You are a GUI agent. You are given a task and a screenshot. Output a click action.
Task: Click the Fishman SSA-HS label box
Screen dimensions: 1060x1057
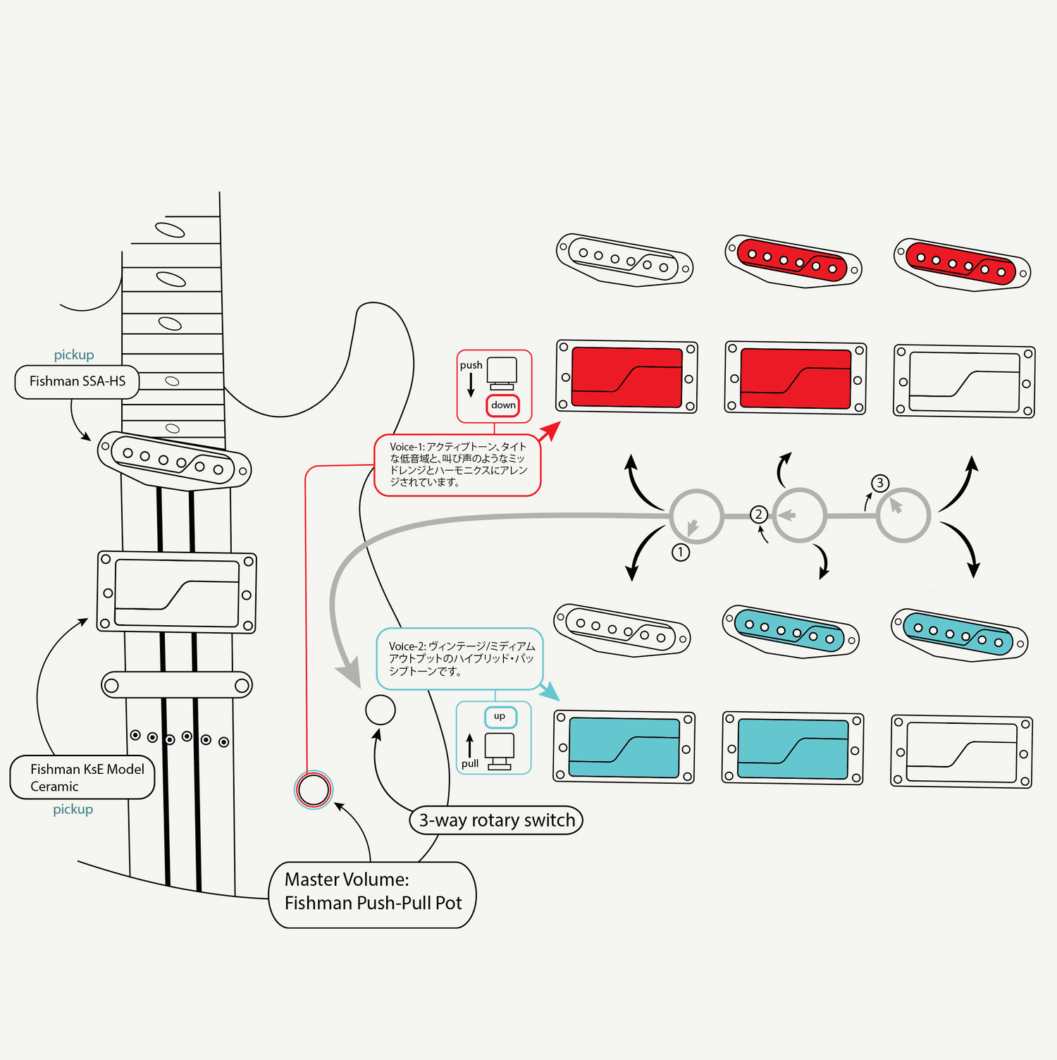(x=78, y=381)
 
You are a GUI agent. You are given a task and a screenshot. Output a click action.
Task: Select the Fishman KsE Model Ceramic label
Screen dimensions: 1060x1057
(x=82, y=777)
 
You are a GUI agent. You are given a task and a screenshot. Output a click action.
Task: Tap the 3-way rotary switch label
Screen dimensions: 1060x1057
(x=497, y=820)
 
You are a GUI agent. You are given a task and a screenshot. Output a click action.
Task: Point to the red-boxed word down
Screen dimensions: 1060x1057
(x=503, y=405)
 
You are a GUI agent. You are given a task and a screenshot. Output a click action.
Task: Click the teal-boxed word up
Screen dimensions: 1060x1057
(x=500, y=717)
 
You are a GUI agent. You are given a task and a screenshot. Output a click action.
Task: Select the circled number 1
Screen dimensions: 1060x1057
(x=681, y=552)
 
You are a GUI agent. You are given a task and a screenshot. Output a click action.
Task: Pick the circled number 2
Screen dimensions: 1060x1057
(x=758, y=514)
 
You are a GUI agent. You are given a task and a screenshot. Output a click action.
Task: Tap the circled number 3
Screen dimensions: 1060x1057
(x=879, y=483)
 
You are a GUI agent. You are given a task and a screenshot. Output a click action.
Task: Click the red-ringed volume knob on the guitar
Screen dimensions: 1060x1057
(x=313, y=790)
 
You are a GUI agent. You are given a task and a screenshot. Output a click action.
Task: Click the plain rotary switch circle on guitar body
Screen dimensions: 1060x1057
(x=381, y=710)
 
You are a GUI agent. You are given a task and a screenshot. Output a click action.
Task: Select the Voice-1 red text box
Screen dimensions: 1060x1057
(x=457, y=464)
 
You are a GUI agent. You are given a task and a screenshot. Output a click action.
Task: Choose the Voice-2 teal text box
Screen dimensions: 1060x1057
(x=460, y=659)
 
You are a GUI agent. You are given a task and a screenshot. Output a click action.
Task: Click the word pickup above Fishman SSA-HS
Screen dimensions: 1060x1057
(x=74, y=355)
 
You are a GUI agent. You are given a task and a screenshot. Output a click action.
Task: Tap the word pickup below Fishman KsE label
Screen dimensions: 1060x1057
(x=73, y=809)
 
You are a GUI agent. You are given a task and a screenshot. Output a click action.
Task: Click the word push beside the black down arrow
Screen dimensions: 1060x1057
(x=471, y=365)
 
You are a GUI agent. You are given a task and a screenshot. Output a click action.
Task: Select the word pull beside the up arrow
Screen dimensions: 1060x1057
(x=470, y=763)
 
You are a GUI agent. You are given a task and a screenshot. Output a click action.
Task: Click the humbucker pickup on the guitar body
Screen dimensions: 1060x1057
(x=177, y=593)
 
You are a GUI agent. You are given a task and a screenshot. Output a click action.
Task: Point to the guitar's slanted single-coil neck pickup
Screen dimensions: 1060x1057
(x=174, y=460)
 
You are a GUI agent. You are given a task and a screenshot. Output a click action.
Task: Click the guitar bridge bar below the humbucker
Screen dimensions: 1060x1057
(x=177, y=685)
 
